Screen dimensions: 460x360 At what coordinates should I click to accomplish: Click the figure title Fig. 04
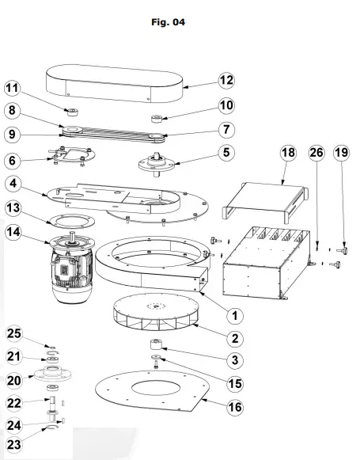pyautogui.click(x=168, y=22)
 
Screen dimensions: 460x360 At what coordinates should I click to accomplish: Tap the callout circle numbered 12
pyautogui.click(x=227, y=80)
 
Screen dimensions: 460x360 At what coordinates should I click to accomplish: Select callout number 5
pyautogui.click(x=226, y=151)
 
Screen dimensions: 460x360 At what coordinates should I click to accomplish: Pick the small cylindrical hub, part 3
pyautogui.click(x=153, y=347)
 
